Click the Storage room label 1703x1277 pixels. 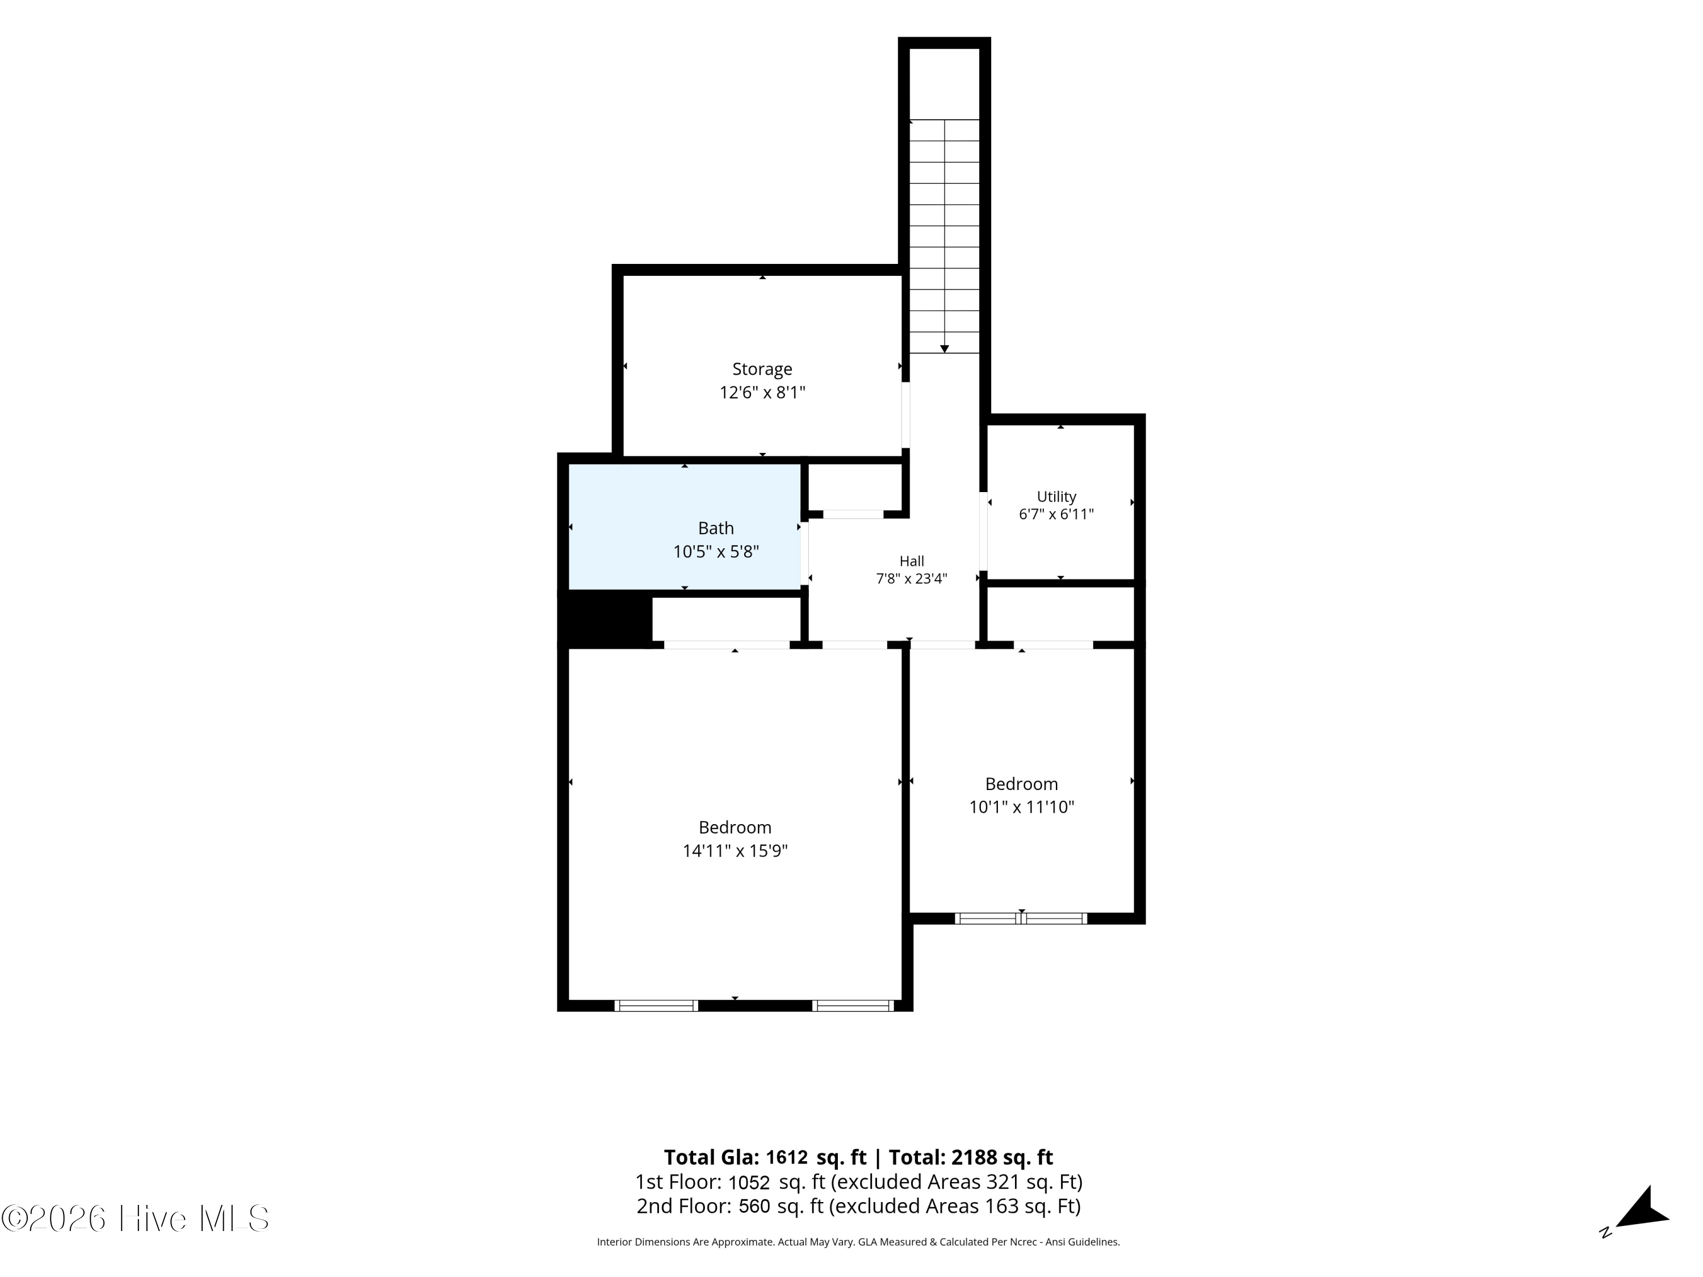click(x=762, y=369)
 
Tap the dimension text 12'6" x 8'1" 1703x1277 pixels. click(x=762, y=393)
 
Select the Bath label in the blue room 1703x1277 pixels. click(x=716, y=528)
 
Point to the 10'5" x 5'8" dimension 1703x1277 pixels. click(x=716, y=552)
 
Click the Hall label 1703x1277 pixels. click(x=912, y=561)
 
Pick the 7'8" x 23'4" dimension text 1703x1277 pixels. click(x=912, y=579)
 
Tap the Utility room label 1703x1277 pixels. click(x=1056, y=497)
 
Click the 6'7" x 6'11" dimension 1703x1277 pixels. click(x=1056, y=514)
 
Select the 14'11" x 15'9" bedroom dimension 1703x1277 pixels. click(x=735, y=851)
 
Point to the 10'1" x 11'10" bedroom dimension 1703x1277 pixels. click(x=1022, y=806)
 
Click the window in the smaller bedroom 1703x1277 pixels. click(x=1021, y=918)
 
